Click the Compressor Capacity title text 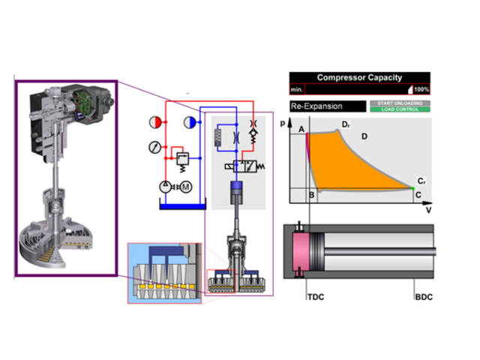click(x=359, y=77)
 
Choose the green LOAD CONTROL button click(x=399, y=109)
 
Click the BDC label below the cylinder click(x=424, y=298)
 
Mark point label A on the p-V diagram click(x=301, y=130)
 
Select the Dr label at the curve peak click(x=346, y=124)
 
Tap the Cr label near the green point click(x=422, y=182)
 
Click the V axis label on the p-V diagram click(x=428, y=211)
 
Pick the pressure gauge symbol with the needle click(x=154, y=145)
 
